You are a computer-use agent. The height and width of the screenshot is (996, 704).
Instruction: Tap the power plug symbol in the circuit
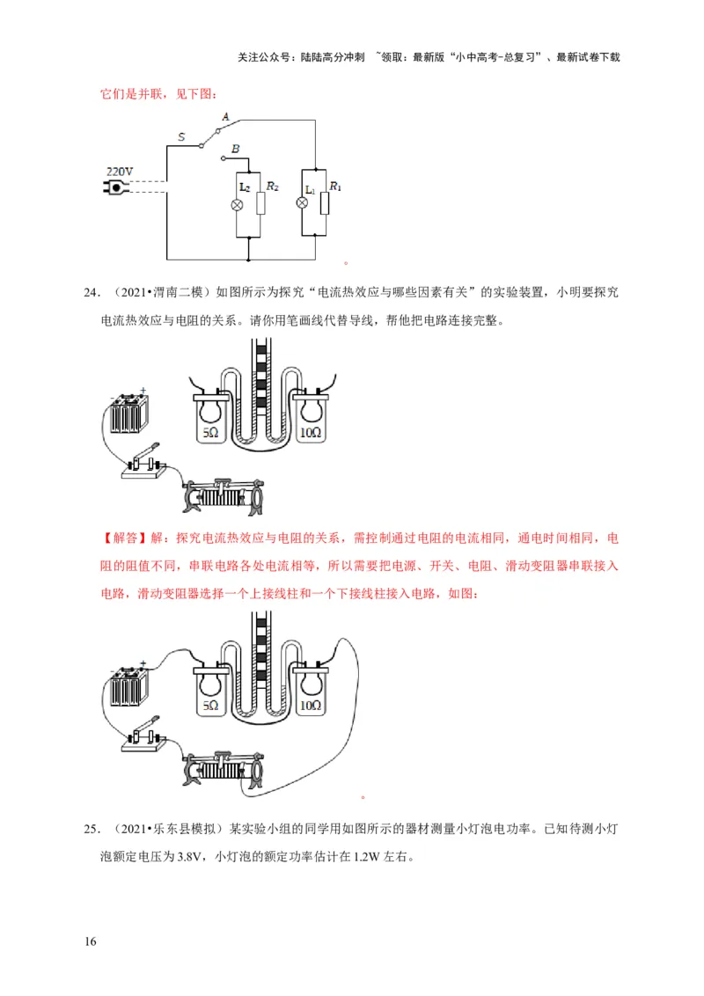[x=116, y=187]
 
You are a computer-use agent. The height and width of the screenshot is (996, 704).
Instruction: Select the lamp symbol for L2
[x=237, y=204]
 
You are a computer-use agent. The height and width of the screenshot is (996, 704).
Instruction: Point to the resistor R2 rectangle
[x=261, y=204]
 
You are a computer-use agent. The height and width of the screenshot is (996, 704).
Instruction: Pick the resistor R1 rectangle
[x=326, y=203]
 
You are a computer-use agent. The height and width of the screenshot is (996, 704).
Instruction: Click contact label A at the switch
[x=225, y=117]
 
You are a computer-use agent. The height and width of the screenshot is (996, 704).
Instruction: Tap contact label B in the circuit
[x=235, y=150]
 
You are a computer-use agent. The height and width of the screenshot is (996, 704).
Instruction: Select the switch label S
[x=181, y=136]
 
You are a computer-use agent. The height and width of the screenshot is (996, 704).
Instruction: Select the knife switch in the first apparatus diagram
[x=144, y=464]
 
